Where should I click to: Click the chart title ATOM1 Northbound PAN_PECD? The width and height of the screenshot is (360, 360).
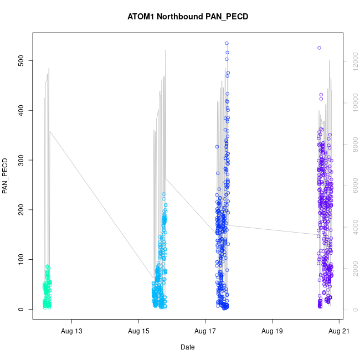(x=188, y=17)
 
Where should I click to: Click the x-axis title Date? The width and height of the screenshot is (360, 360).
(x=187, y=347)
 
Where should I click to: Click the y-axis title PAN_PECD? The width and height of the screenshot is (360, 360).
(x=6, y=177)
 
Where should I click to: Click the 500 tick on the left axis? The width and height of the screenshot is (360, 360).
(x=20, y=60)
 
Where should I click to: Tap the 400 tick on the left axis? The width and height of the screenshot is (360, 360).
(x=20, y=110)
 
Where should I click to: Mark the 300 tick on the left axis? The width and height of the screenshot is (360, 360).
(x=20, y=160)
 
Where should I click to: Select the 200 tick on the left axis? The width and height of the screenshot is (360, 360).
(x=20, y=210)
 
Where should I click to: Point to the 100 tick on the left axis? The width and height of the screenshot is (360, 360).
(x=20, y=260)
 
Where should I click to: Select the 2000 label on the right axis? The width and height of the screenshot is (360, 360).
(x=353, y=269)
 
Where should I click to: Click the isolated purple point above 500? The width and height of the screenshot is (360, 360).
(x=320, y=48)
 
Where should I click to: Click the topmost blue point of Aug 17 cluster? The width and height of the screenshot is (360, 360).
(x=227, y=43)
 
